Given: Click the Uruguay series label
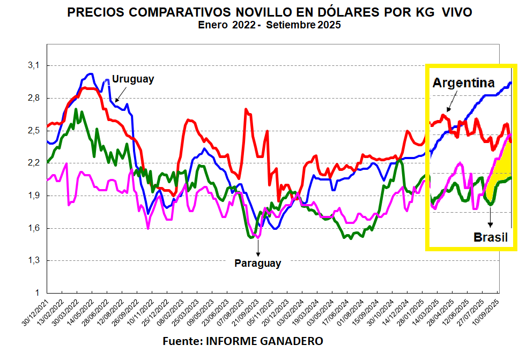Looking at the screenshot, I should [133, 79].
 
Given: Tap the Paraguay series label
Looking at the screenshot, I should [257, 263].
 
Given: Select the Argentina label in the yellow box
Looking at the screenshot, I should [463, 83].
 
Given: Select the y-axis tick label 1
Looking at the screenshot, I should [38, 293].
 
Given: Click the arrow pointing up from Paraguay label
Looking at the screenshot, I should [258, 247].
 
